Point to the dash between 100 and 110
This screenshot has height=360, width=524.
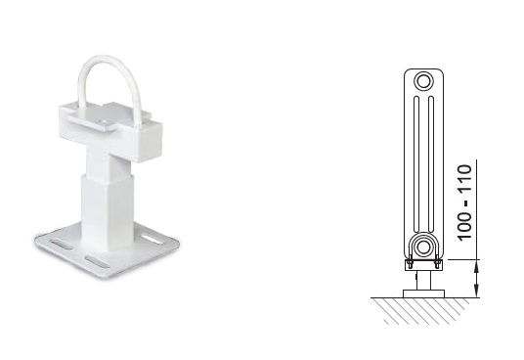465,202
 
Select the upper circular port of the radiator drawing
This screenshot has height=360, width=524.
423,81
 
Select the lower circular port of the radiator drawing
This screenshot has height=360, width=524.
423,247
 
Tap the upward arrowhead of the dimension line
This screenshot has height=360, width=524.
477,266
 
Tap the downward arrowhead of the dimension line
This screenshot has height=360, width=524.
477,291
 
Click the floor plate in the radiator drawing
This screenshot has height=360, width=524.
423,293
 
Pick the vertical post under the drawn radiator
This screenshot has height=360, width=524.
423,280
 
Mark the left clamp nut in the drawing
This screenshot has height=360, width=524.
410,264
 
